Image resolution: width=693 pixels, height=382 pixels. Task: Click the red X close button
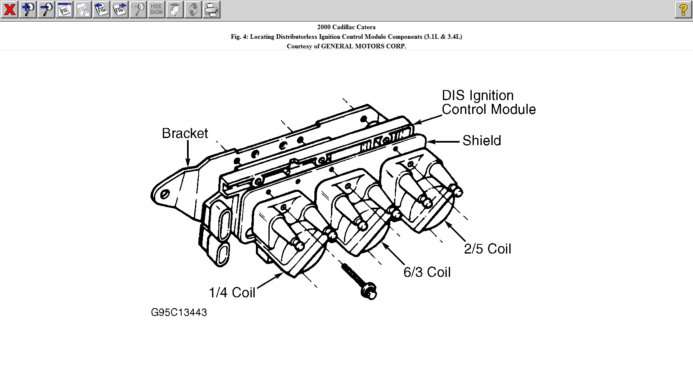(9, 9)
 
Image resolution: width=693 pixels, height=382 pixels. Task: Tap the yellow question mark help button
(683, 9)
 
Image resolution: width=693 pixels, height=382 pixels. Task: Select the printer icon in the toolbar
(212, 9)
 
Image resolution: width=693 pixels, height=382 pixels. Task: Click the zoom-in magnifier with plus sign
(28, 9)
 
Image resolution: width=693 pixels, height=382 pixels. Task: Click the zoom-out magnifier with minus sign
(46, 9)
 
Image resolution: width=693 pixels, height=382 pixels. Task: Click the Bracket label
(185, 133)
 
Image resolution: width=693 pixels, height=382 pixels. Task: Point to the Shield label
(482, 141)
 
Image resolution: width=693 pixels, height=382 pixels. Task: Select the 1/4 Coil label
(232, 292)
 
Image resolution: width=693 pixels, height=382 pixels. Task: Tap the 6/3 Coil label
(427, 272)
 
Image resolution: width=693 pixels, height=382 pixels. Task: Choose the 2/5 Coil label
(488, 249)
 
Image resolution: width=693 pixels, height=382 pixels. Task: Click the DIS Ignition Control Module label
(488, 103)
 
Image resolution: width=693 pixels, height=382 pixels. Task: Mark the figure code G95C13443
(179, 312)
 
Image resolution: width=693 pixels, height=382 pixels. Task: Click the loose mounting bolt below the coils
(359, 280)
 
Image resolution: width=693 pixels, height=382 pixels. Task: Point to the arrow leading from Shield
(443, 142)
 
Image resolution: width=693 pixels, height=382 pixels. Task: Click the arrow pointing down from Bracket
(188, 153)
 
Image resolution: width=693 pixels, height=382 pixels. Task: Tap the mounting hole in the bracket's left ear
(164, 194)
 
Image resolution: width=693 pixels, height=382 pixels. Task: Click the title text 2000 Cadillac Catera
(346, 27)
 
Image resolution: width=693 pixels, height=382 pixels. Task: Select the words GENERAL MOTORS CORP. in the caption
(363, 46)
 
